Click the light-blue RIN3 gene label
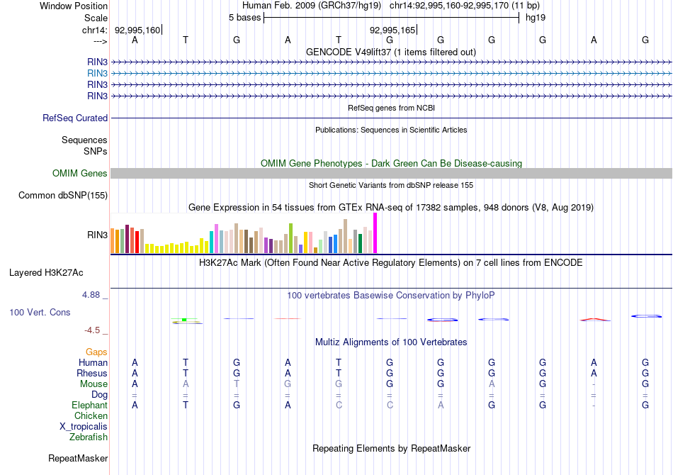click(98, 73)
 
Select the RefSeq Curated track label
click(75, 118)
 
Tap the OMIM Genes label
click(80, 174)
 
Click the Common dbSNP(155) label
click(63, 196)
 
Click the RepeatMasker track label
click(78, 459)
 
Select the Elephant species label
click(90, 406)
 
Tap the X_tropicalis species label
click(84, 427)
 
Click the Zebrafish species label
click(89, 437)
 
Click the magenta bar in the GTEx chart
click(375, 233)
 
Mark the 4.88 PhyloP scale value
click(95, 295)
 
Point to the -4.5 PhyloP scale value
click(95, 330)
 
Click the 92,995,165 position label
click(392, 30)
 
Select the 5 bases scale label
click(244, 17)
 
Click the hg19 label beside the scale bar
click(535, 17)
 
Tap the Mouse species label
click(94, 384)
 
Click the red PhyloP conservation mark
click(594, 318)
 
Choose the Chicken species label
click(91, 416)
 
